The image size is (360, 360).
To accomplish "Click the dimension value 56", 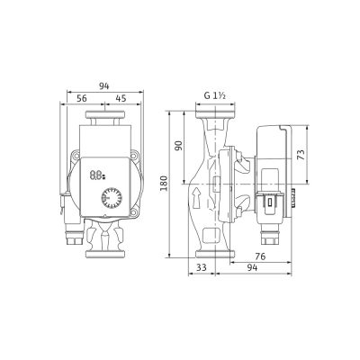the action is tap(82, 98).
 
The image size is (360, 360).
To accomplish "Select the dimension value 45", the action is tap(121, 98).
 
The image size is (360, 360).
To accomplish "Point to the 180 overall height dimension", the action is tap(164, 184).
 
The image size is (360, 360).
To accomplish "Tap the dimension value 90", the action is tap(179, 146).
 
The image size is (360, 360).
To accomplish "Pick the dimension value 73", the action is tap(301, 154).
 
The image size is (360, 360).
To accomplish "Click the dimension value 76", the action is tap(260, 256).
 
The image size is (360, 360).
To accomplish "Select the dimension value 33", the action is tap(201, 267).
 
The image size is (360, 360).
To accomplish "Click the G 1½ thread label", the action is tap(215, 95).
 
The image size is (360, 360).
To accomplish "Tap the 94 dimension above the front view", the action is tap(104, 86).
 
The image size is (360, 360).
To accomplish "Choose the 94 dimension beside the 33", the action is tap(252, 267).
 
